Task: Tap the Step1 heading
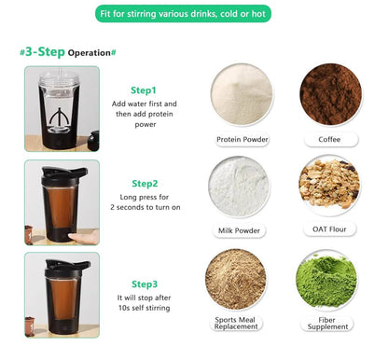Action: click(x=144, y=90)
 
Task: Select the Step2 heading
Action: click(x=145, y=184)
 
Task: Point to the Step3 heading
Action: click(x=144, y=284)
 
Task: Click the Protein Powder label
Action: click(x=242, y=139)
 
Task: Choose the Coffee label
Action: click(x=329, y=139)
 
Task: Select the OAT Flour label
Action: click(x=329, y=229)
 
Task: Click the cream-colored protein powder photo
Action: click(x=242, y=93)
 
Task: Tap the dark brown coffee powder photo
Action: click(x=329, y=93)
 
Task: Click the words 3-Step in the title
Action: click(x=44, y=52)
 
